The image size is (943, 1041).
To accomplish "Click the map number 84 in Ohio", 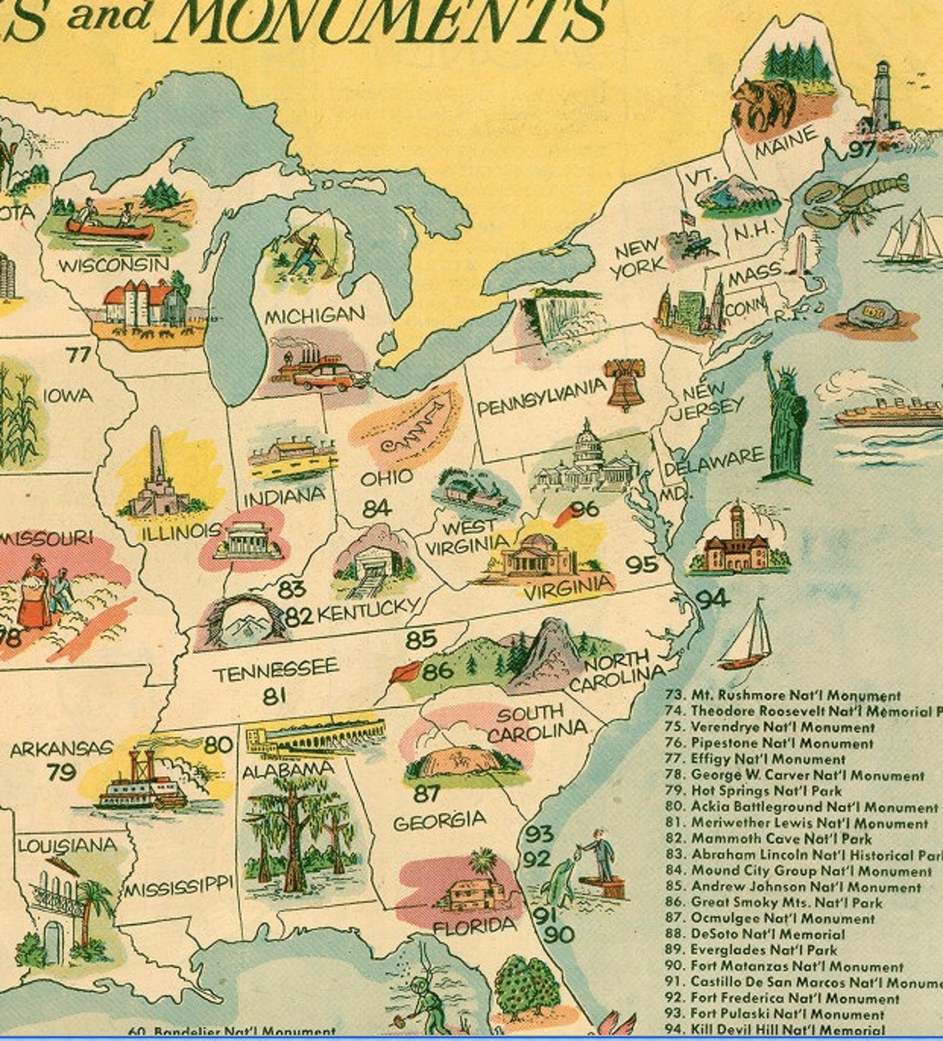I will [376, 509].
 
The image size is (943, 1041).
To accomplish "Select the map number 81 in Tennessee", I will [274, 695].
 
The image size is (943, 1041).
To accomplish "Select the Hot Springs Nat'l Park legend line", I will [766, 791].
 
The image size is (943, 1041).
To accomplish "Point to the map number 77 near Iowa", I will [78, 355].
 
